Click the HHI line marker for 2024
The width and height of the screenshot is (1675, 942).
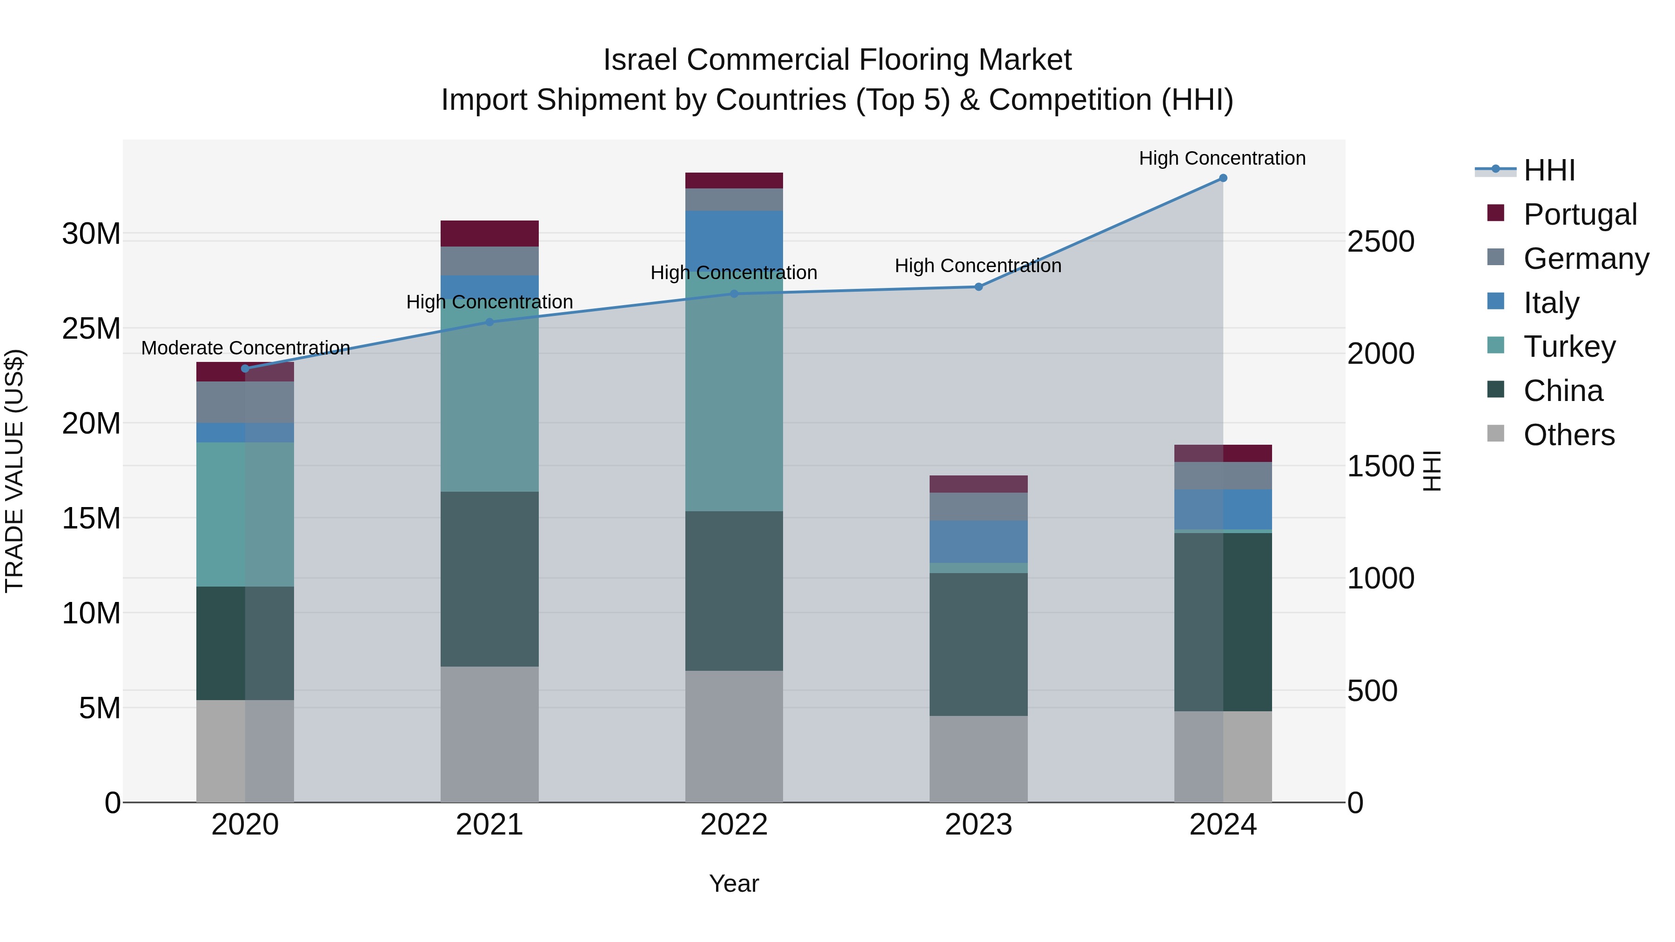tap(1222, 178)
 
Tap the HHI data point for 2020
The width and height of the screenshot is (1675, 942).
tap(245, 368)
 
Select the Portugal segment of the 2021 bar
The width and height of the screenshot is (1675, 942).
tap(489, 234)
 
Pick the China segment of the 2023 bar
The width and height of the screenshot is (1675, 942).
tap(978, 644)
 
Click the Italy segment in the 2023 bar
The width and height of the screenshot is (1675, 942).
tap(978, 541)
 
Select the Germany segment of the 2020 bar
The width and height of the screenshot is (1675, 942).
tap(245, 402)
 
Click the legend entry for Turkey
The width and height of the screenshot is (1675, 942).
tap(1569, 347)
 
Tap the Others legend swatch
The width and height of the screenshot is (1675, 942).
tap(1495, 434)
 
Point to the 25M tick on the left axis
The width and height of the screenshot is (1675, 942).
tap(91, 328)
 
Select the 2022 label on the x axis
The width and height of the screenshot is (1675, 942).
tap(734, 824)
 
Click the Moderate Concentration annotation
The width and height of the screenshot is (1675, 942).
tap(245, 348)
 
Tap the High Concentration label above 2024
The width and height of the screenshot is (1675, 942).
tap(1222, 158)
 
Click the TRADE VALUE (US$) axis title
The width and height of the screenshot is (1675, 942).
tap(14, 471)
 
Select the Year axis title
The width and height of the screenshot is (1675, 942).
tap(734, 883)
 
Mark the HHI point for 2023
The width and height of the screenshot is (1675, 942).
tap(978, 287)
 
